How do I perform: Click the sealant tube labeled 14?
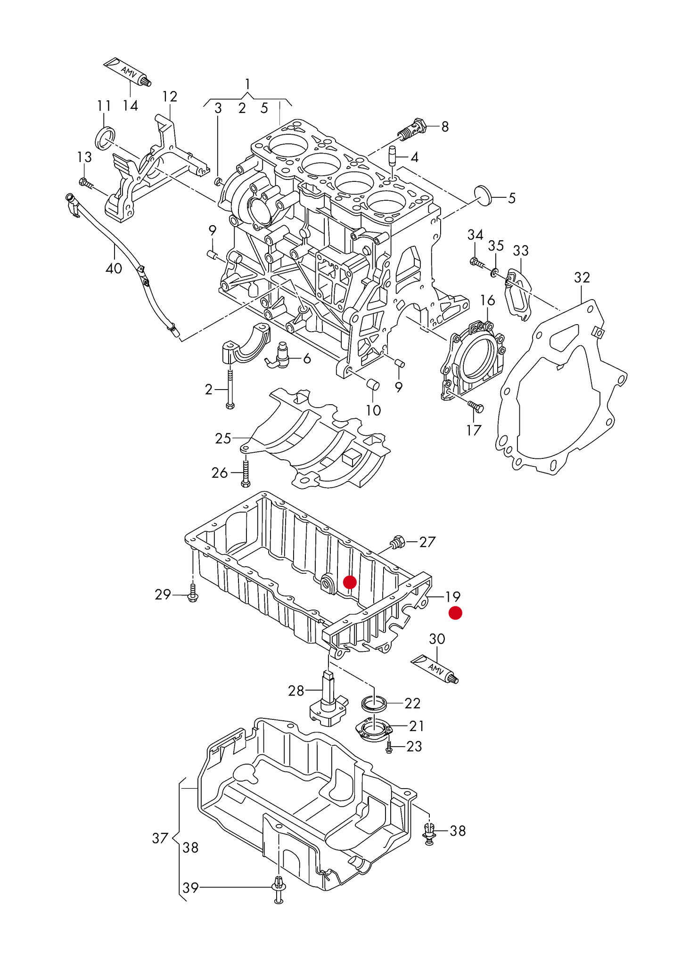126,72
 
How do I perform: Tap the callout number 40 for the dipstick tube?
114,269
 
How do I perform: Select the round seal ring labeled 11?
105,138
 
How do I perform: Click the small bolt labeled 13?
86,183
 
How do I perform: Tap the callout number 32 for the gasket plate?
582,277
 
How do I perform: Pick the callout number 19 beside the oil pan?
453,597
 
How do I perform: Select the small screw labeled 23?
389,747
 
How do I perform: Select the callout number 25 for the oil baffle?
223,439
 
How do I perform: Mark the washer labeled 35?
494,272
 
